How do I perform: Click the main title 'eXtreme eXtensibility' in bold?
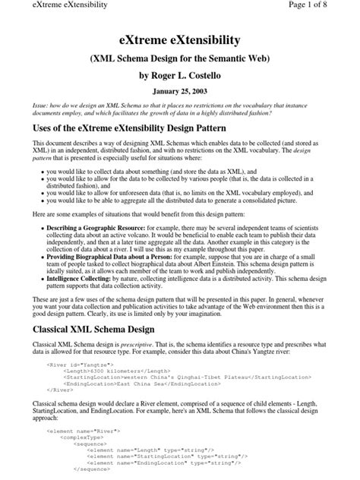180,39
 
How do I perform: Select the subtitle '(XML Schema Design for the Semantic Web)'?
180,59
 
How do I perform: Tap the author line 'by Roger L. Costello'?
180,76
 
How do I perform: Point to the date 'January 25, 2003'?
180,92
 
